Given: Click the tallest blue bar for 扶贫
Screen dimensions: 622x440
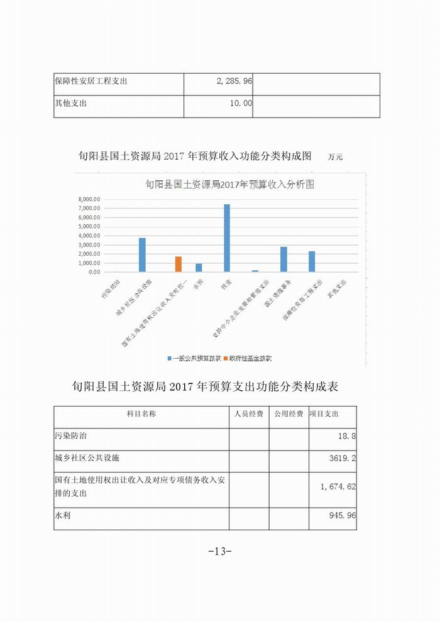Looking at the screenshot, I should coord(227,238).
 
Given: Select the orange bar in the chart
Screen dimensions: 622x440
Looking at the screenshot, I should coord(179,264).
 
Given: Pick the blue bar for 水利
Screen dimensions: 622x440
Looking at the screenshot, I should coord(199,268).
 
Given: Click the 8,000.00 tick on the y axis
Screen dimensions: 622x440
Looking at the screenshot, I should coord(89,199).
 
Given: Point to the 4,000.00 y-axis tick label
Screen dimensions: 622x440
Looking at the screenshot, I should coord(89,236).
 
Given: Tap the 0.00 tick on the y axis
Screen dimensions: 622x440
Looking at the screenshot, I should coord(94,272).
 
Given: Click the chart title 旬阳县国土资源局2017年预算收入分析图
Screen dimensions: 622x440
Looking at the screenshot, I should coord(229,185).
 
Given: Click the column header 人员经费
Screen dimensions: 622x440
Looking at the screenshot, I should coord(248,414).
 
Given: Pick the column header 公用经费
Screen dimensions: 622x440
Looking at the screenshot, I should coord(289,414).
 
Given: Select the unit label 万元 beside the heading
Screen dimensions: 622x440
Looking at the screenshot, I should coord(335,157).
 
